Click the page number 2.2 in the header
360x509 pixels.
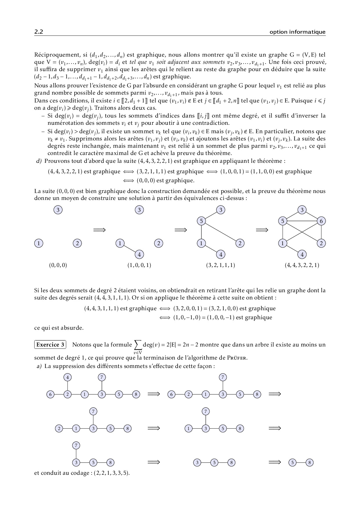[x=39, y=32]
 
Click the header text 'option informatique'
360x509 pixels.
[x=297, y=32]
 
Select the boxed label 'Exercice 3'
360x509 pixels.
[x=50, y=345]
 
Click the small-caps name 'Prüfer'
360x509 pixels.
[x=237, y=358]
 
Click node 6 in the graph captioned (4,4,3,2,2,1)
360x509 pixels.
[x=321, y=221]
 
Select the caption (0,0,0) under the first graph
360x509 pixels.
[x=58, y=265]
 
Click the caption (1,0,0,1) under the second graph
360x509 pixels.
[x=139, y=265]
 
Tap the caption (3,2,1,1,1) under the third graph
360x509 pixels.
[x=221, y=265]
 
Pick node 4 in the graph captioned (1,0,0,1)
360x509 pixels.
[x=139, y=255]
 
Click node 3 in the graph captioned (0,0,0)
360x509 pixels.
[x=58, y=210]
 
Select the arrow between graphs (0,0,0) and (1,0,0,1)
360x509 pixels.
[x=99, y=230]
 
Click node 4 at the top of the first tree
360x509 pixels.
[x=68, y=377]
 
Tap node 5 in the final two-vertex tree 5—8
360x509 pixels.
[x=292, y=462]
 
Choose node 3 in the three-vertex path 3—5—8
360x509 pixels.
[x=197, y=462]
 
